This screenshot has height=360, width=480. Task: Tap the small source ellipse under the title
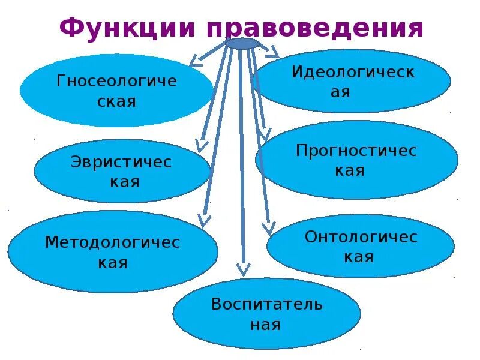pos(243,43)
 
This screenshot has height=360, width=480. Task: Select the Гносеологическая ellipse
pos(116,91)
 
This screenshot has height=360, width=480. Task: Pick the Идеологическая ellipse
pos(352,81)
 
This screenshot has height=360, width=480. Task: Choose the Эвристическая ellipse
pos(122,171)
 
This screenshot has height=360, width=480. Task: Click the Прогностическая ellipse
pos(356,160)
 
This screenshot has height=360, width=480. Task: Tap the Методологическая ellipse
pos(113,251)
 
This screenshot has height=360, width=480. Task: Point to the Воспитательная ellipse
pos(266,313)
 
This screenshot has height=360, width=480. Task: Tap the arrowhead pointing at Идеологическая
pos(274,53)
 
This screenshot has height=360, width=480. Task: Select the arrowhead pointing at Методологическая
pos(205,220)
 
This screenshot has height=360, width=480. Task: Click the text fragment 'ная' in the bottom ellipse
pos(266,325)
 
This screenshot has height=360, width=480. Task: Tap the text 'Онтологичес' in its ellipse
pos(361,237)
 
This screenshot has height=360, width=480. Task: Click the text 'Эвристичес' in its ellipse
pos(121,162)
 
